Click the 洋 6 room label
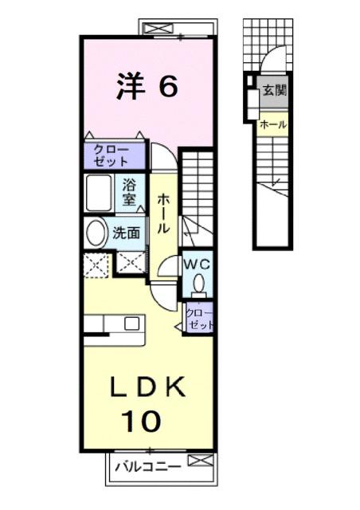point(147,87)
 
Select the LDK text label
point(147,388)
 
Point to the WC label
point(197,262)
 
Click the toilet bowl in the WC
point(198,283)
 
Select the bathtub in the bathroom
point(100,192)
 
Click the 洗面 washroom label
point(127,233)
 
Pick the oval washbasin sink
point(96,233)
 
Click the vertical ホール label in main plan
point(162,214)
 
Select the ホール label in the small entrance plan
point(272,124)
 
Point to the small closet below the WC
point(199,319)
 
